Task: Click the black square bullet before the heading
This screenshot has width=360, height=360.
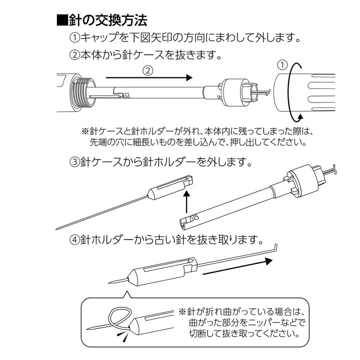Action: click(x=62, y=21)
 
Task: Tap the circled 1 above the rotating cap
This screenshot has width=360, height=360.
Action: click(x=282, y=65)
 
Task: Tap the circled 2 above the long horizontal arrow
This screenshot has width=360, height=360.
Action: click(x=147, y=70)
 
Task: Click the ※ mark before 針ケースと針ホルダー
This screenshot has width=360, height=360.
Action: click(x=85, y=131)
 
